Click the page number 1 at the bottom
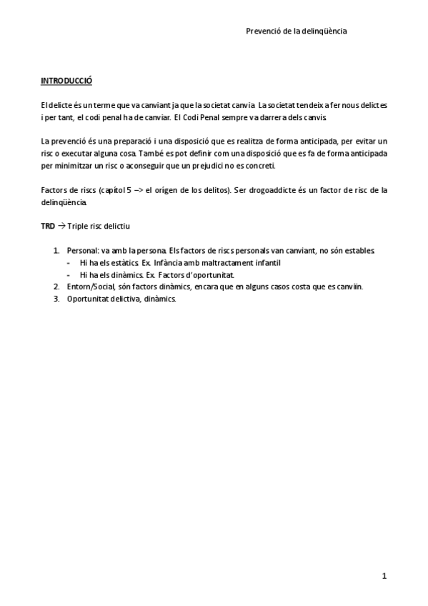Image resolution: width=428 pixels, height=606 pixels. (x=384, y=576)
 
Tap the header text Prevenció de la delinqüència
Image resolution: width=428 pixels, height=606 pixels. (x=297, y=31)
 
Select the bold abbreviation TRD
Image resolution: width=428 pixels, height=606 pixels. (x=48, y=227)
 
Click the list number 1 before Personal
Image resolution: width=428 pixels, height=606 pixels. (x=56, y=251)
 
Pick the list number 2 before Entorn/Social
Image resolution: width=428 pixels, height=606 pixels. (x=56, y=287)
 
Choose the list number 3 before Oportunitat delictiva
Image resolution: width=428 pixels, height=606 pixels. (x=56, y=299)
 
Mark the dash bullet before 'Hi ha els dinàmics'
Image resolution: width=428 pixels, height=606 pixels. (x=69, y=275)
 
